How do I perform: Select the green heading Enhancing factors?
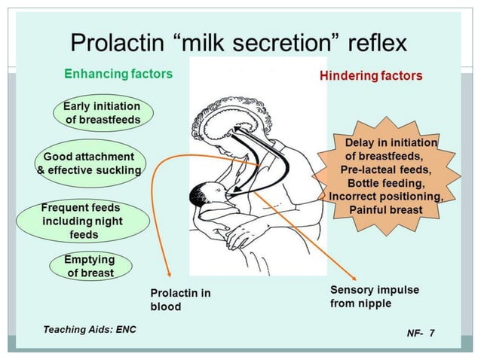coord(118,74)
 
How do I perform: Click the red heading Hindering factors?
coord(371,76)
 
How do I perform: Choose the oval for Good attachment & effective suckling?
coord(90,163)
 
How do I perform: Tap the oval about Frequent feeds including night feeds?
coord(81,221)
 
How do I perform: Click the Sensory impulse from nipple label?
coord(374,296)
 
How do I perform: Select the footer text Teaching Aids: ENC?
coord(86,329)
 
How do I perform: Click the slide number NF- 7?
coord(420,332)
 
